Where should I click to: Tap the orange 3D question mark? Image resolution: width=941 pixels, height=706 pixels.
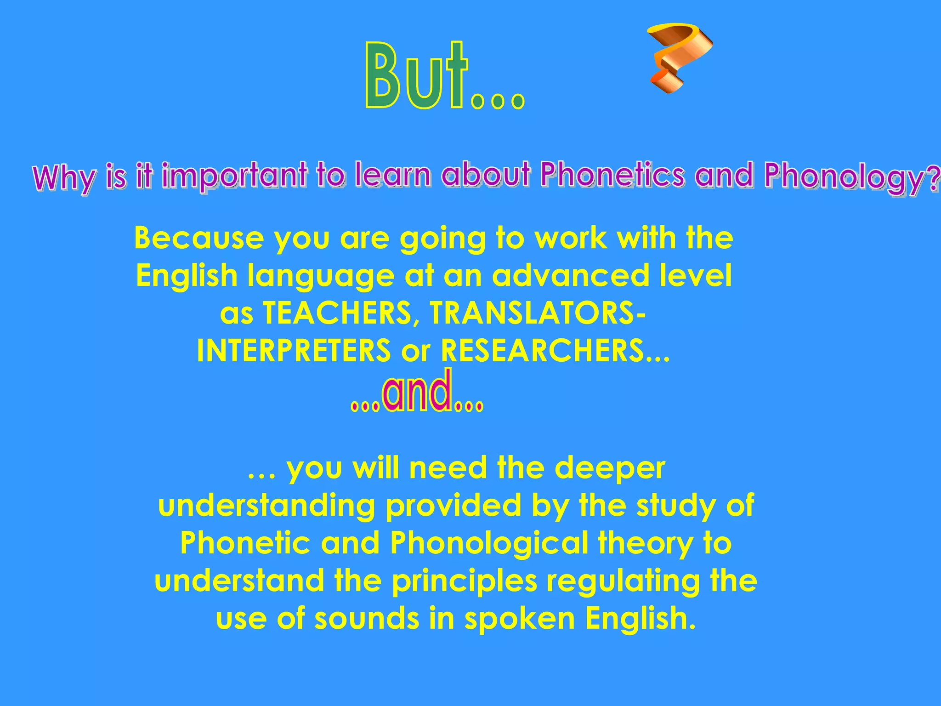tap(678, 55)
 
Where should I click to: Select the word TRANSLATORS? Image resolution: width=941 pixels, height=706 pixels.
tap(533, 313)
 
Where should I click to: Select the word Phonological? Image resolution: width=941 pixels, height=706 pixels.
tap(489, 543)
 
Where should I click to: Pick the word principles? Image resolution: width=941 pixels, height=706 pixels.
tap(465, 581)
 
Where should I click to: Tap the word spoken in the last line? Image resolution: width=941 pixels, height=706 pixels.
tap(520, 618)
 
